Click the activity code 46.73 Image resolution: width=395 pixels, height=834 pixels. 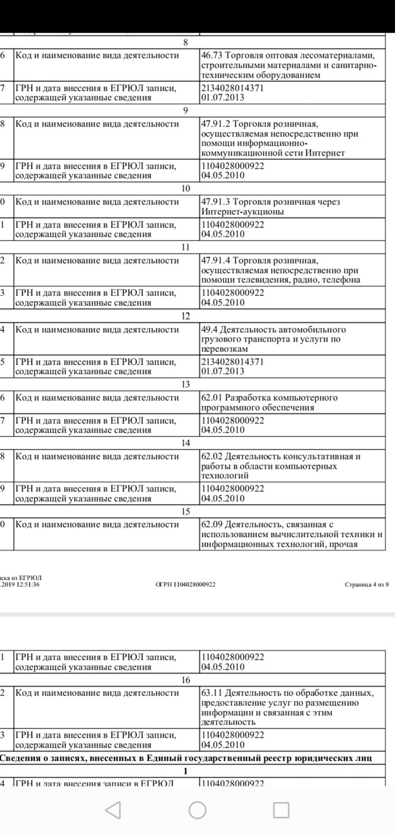coord(212,55)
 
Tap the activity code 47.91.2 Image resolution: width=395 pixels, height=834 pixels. coord(215,124)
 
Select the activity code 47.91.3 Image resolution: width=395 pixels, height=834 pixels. coord(215,202)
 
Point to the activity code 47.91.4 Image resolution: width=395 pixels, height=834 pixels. coord(215,261)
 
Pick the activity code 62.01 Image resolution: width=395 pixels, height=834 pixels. coord(212,398)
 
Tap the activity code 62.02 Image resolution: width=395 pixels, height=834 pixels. coord(212,456)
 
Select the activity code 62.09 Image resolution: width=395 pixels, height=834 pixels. coord(212,525)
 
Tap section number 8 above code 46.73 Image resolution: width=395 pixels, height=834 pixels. coord(186,42)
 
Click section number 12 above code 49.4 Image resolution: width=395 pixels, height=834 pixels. coord(186,316)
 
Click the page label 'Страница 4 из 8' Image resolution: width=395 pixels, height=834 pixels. coord(367,584)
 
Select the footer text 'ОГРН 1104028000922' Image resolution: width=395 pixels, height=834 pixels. coord(186,584)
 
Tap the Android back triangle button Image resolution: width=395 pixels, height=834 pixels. coord(113,810)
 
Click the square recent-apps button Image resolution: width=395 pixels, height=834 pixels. coord(281,810)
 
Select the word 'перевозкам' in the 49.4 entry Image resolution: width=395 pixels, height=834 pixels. coord(225,350)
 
